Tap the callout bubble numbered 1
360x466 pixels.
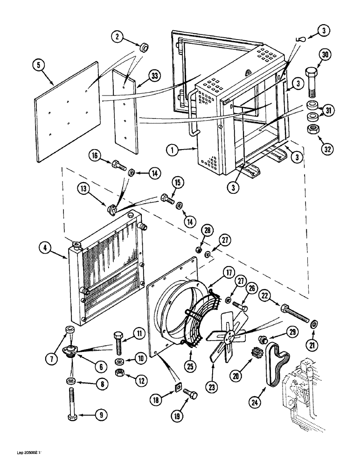[172, 151]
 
